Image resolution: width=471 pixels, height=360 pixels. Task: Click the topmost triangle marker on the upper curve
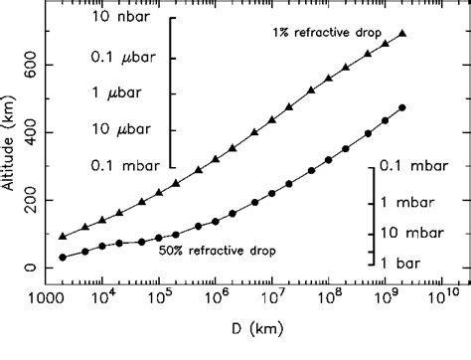coord(401,34)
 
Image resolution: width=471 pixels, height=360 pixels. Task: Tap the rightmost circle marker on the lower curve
coord(401,107)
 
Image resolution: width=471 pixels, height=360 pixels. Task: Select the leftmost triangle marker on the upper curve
coord(63,237)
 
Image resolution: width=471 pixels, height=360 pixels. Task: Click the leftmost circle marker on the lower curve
coord(63,258)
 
